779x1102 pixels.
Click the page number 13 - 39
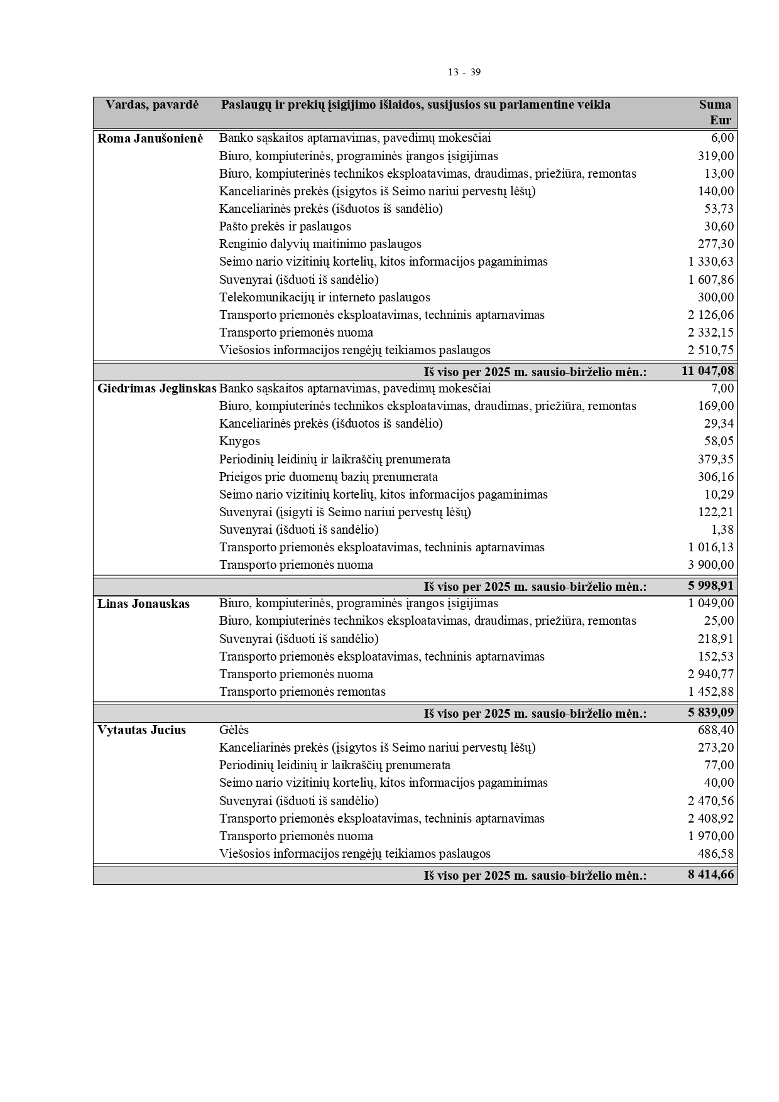coord(464,72)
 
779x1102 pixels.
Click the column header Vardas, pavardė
coord(151,105)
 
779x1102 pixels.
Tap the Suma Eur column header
coord(716,112)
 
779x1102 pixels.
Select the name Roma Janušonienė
coord(150,138)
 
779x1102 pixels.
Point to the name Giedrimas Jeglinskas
coord(156,389)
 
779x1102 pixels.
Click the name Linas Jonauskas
coord(143,604)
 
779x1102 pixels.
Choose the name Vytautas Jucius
coord(141,730)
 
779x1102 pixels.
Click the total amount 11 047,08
coord(707,371)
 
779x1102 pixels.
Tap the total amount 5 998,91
coord(711,586)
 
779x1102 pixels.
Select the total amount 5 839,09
coord(711,713)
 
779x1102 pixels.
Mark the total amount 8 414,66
coord(711,875)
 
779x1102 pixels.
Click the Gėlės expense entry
coord(234,730)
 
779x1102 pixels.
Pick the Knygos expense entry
coord(239,441)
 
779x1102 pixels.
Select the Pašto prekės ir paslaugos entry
coord(285,227)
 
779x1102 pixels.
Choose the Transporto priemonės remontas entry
coord(302,692)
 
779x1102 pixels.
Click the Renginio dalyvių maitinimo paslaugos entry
coord(320,244)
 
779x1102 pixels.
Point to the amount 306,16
coord(716,477)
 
